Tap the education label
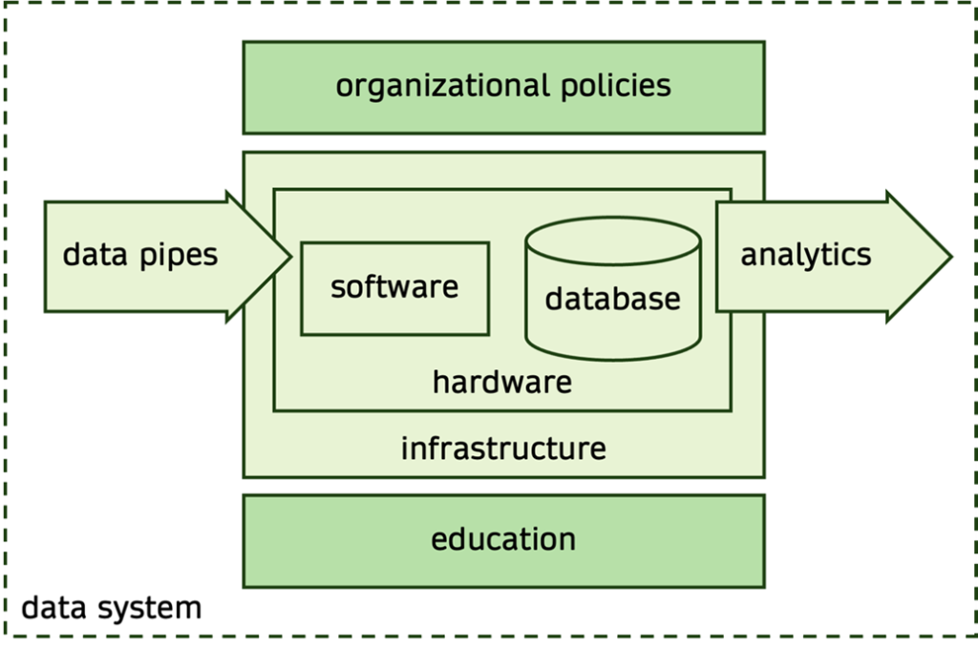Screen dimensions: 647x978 503,539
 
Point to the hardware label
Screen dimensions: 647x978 502,384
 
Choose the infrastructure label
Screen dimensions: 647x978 503,448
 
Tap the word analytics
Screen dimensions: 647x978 806,255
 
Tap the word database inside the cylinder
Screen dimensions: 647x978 612,299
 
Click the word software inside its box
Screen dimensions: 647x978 394,286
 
